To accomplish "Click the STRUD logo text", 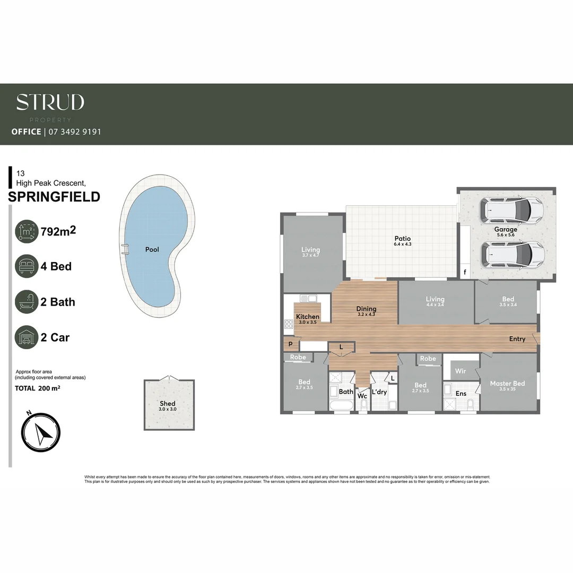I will pos(50,102).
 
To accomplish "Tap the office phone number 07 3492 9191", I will pos(74,132).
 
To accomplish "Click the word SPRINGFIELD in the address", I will pos(55,197).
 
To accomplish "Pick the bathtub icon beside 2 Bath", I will pos(27,302).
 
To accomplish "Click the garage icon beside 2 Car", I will pos(27,337).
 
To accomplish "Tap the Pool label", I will pos(152,249).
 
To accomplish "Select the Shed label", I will pos(168,404).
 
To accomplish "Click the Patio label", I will pos(402,239).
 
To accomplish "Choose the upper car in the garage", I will pos(511,211).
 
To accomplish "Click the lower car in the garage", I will pos(513,255).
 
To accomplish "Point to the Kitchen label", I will pos(308,317).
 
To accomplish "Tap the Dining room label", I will pos(366,309).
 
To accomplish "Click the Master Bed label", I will pos(507,384).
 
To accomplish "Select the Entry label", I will pos(517,339).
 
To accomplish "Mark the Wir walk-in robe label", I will pos(461,371).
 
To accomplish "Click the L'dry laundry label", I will pos(379,392).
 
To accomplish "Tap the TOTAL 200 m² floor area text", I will pos(37,388).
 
